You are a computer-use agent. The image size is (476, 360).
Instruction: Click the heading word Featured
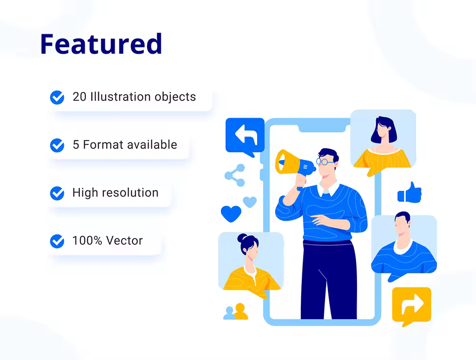101,44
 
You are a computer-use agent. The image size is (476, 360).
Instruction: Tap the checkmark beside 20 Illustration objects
57,98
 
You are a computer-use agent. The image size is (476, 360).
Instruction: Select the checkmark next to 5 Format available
57,145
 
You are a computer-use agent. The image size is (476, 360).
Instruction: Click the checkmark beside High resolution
57,193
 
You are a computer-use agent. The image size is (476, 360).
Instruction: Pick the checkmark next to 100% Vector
57,241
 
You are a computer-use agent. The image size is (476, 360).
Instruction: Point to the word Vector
124,240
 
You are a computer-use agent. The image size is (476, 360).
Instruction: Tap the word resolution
130,192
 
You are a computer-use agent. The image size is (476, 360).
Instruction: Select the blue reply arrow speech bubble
245,136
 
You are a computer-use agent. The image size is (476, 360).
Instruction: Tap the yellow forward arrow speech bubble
412,306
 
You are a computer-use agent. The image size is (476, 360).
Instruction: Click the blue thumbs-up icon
409,192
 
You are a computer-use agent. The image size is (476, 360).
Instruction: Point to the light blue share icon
235,175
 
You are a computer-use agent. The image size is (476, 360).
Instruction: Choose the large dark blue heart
231,213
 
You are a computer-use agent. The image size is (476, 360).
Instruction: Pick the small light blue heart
250,202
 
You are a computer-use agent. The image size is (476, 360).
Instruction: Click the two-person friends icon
236,311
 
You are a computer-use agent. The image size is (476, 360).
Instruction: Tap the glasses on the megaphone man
324,161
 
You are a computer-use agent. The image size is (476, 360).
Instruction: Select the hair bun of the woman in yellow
242,238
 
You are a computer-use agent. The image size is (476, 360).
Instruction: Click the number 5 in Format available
76,145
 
